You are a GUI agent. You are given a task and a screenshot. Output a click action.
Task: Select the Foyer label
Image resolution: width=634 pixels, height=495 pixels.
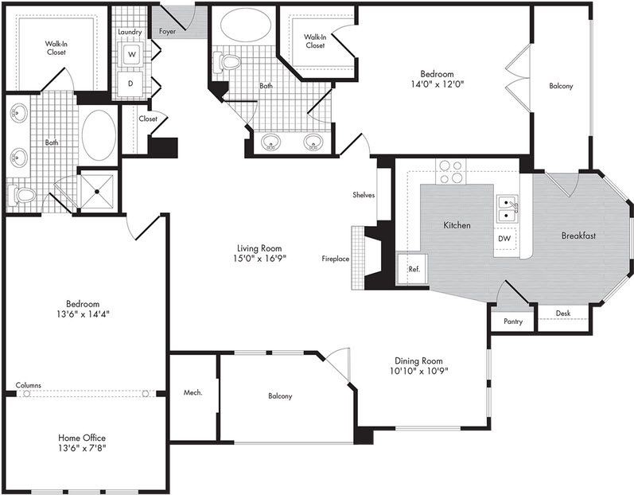[167, 32]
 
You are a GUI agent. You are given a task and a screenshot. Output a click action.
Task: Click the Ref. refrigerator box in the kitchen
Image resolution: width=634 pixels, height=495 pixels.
[414, 269]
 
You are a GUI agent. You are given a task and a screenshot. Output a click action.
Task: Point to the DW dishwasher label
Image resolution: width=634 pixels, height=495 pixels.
[504, 238]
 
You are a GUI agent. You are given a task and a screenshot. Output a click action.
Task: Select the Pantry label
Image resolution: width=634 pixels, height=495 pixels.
[512, 322]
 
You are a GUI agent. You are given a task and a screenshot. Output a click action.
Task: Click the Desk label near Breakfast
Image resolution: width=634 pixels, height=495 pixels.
[562, 314]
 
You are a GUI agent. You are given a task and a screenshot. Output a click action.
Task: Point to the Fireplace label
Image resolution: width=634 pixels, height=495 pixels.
[335, 259]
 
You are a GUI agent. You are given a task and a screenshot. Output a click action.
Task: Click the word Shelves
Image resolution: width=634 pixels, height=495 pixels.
[364, 195]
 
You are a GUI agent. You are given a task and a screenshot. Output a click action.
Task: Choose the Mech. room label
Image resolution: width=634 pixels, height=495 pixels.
[193, 392]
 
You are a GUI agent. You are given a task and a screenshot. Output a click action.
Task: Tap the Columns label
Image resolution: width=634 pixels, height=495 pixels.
[28, 385]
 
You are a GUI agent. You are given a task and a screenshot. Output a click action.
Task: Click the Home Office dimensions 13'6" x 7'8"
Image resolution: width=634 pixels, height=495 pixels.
[82, 448]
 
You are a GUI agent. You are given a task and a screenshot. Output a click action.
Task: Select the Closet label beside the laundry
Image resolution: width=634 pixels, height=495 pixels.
[148, 119]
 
